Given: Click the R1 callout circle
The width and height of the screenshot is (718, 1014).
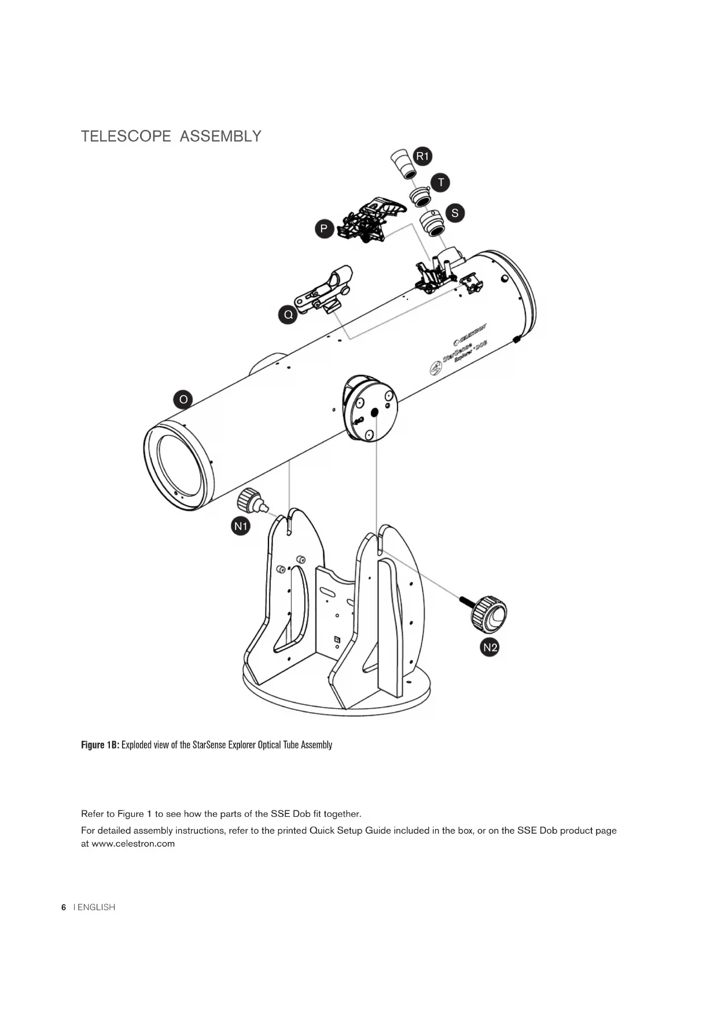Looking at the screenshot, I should coord(423,156).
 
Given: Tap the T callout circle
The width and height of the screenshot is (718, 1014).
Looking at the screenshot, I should coord(441,183).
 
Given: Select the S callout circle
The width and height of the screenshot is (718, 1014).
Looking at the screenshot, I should coord(455,213).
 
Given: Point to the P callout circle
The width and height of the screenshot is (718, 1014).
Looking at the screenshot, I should coord(324,229).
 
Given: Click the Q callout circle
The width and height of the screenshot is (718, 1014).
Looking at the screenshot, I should coord(288,315).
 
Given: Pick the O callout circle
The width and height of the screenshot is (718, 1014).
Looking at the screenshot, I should coord(183,399).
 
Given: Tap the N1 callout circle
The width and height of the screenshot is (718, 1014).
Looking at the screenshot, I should coord(241,526).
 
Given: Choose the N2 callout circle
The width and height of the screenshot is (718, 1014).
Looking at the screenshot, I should coord(490,647).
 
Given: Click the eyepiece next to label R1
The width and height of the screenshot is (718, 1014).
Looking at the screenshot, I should coord(403,164).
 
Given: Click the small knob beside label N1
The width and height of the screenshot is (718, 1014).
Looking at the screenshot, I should coord(252,501).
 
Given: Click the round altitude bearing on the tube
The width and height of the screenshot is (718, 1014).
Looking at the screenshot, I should coord(370,408).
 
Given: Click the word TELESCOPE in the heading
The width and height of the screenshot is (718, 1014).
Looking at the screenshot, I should coord(126,136).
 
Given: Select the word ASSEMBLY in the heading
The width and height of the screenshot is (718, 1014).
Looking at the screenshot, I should coord(220,136).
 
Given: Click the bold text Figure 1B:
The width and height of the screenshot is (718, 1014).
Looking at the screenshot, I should coord(100,745).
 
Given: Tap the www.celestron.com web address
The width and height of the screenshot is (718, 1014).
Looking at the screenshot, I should coord(133,843).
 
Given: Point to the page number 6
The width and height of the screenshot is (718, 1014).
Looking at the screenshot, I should coord(64,907).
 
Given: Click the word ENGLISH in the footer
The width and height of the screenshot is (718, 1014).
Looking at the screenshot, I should coord(96,907).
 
